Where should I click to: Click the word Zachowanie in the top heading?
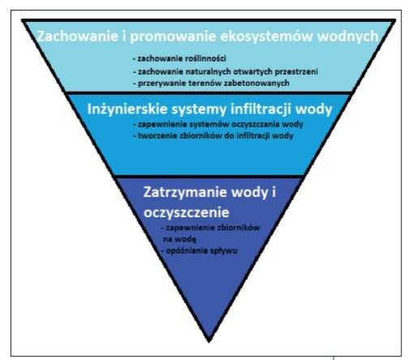77,36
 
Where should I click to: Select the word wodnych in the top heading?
348,36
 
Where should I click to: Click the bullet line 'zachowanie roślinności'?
179,58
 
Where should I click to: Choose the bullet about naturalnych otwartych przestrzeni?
225,71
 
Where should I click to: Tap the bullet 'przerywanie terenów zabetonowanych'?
212,83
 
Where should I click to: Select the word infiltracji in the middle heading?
261,109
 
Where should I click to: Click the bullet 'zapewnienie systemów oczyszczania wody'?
218,124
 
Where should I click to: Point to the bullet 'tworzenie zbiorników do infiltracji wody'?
213,135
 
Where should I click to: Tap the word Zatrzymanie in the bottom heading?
185,192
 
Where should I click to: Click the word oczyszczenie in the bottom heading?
186,212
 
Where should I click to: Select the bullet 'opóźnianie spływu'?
199,251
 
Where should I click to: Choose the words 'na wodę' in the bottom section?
180,239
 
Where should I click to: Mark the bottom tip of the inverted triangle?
209,342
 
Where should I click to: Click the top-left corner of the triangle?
23,20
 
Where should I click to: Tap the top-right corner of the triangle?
395,20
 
